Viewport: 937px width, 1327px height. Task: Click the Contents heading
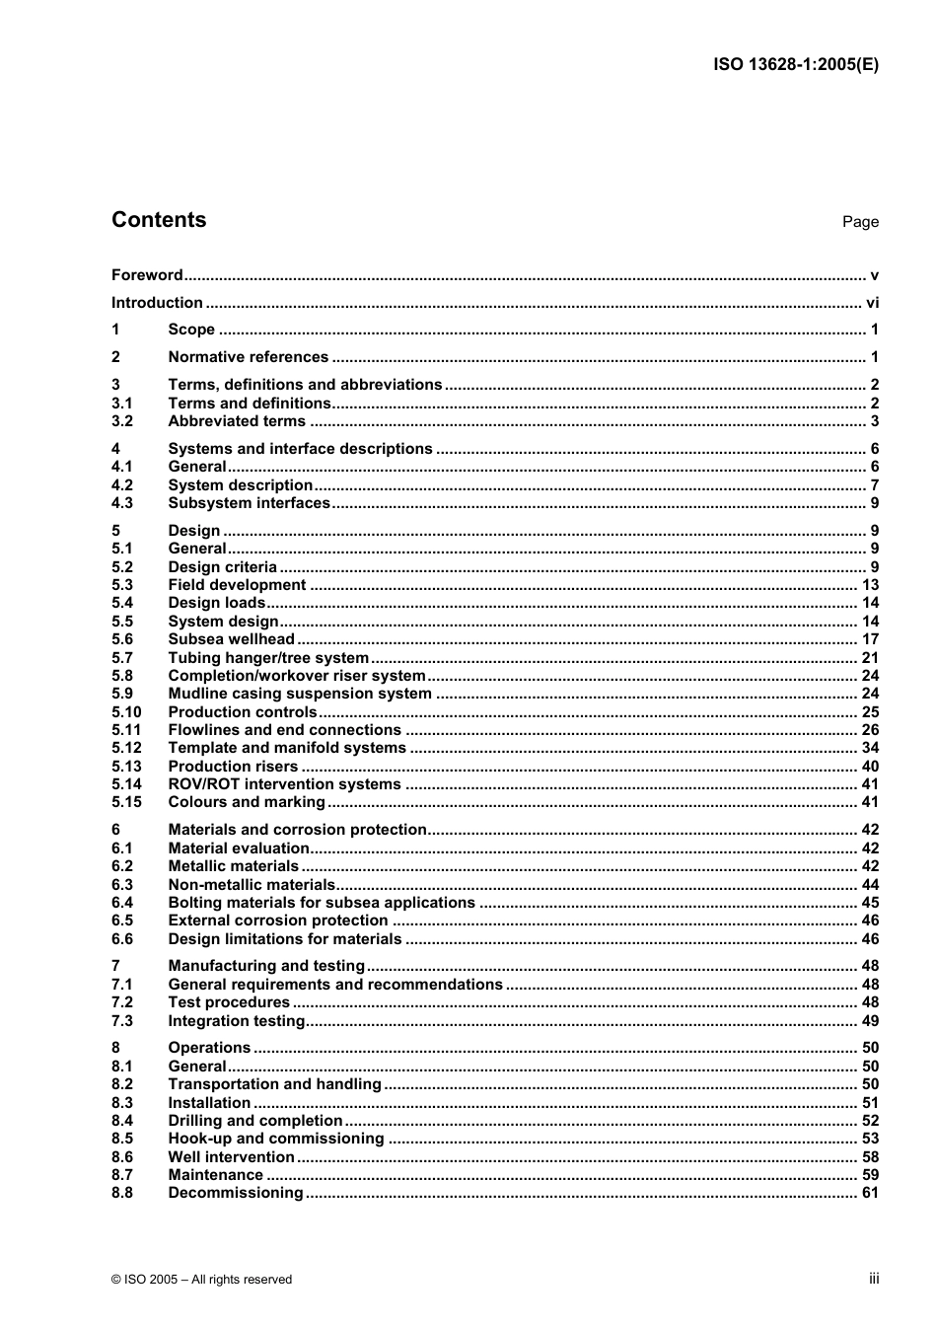click(159, 220)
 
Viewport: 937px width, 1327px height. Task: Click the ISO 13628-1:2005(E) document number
click(796, 65)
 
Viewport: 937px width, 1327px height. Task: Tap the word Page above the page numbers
click(860, 222)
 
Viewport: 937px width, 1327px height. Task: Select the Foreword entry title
click(147, 275)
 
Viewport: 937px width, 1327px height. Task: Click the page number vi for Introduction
click(872, 303)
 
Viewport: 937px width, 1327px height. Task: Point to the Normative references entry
click(248, 357)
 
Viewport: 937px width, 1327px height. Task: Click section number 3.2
click(122, 421)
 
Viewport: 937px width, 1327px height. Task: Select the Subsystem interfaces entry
click(249, 503)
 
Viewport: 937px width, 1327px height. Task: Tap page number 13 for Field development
click(870, 585)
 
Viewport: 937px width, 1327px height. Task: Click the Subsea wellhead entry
click(231, 639)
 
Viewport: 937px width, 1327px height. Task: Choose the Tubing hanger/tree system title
click(268, 658)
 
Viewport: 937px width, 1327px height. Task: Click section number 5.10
click(126, 712)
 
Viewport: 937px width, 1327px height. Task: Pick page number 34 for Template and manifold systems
click(870, 748)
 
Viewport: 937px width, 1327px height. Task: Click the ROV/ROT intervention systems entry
click(284, 784)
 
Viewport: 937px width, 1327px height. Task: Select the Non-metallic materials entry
click(252, 885)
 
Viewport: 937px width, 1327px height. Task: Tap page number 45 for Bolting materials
click(870, 903)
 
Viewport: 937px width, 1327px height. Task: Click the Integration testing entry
click(237, 1021)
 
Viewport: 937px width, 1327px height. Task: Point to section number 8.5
click(122, 1139)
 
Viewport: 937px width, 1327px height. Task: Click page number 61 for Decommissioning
click(870, 1193)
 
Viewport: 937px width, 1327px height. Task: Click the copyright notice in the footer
click(202, 1280)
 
